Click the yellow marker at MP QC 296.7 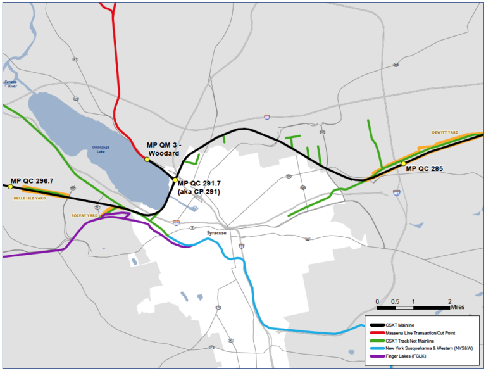(x=10, y=187)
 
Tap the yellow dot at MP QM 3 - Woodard (x=147, y=160)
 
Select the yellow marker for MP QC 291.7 (x=175, y=180)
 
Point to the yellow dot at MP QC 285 (x=403, y=164)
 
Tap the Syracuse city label (x=216, y=233)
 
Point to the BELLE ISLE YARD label (x=28, y=198)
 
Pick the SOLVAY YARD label (x=85, y=215)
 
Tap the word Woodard (x=163, y=153)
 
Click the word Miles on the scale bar (x=461, y=308)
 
